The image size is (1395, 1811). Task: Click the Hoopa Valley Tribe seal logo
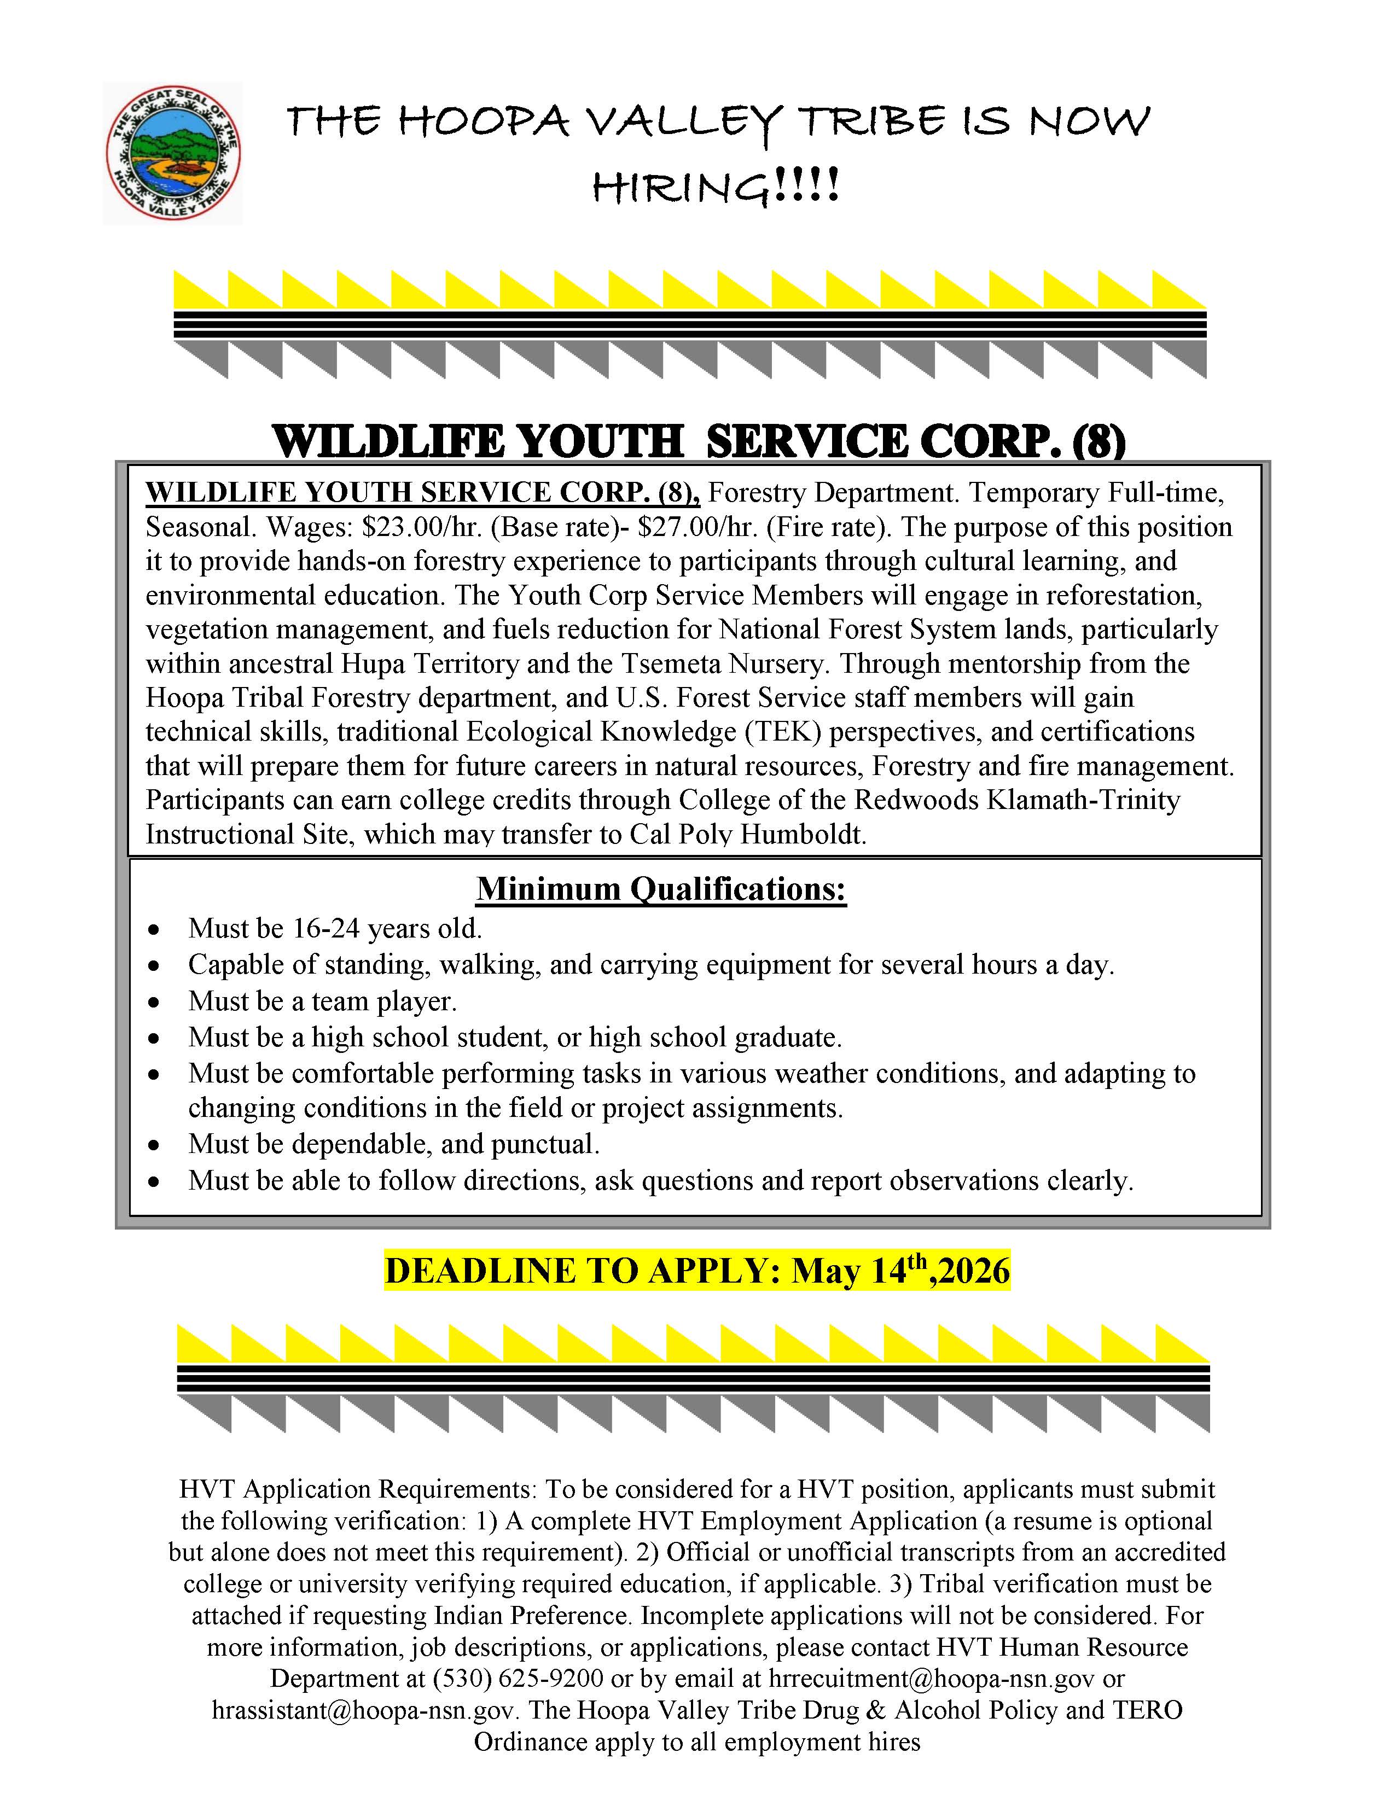172,153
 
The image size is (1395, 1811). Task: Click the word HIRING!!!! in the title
716,188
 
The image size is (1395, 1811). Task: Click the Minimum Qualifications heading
661,889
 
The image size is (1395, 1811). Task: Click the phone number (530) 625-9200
518,1678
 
